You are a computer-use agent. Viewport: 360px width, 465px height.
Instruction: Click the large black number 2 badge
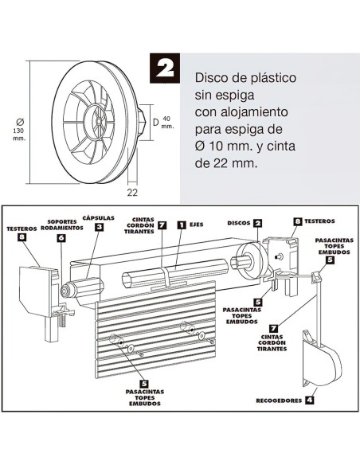point(166,68)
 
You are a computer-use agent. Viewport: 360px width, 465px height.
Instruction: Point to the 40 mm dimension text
point(166,123)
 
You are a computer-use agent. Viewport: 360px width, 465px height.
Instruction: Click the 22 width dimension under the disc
point(132,191)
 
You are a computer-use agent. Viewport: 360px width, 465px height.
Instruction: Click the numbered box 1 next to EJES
point(181,225)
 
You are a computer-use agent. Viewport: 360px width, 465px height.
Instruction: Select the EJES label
point(198,225)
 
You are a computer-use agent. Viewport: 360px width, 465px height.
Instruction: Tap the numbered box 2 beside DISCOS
point(257,223)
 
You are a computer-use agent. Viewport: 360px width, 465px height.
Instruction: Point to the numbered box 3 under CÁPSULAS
point(99,227)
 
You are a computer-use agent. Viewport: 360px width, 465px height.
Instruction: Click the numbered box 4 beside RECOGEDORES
point(308,401)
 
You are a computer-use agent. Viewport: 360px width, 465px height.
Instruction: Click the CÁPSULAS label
point(99,217)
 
